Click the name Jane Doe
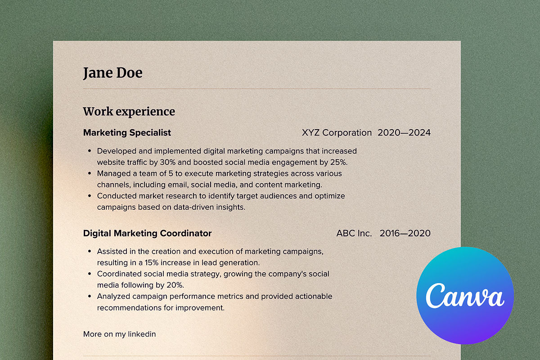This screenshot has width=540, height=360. click(x=112, y=72)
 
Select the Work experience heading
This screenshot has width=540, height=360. click(x=129, y=111)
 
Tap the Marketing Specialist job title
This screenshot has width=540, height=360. click(x=127, y=133)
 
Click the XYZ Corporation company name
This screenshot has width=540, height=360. click(x=337, y=133)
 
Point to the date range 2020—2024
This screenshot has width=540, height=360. click(x=404, y=133)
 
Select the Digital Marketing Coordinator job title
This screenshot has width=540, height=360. click(x=147, y=234)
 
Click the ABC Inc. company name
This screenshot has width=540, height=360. click(x=354, y=234)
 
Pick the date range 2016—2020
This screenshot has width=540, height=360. click(x=405, y=234)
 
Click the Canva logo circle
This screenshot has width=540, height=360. click(x=465, y=295)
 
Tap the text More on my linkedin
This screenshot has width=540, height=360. click(x=119, y=334)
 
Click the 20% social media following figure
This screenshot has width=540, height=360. click(x=175, y=285)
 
